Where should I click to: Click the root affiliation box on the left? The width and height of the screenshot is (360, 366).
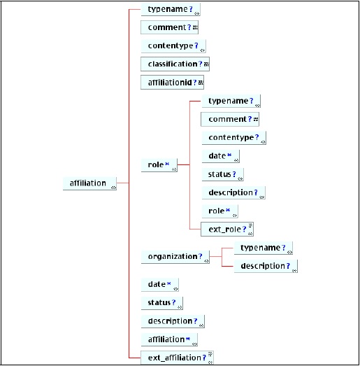pos(89,183)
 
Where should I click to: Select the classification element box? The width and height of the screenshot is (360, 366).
pos(175,64)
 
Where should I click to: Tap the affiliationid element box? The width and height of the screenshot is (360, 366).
pos(172,82)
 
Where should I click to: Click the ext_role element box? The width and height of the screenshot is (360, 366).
pos(227,230)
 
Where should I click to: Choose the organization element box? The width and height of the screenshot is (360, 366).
pos(175,257)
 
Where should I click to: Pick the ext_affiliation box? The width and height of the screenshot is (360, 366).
pos(177,358)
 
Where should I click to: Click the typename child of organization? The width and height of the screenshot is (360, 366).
pos(264,248)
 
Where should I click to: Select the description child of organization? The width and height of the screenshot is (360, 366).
pos(266,266)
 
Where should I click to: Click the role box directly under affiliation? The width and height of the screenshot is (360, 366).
pos(159,165)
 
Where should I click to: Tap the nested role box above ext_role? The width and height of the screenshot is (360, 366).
pos(220,211)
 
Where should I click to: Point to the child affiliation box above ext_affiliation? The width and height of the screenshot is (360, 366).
pos(169,339)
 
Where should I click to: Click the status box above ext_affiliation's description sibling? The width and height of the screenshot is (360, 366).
pos(162,303)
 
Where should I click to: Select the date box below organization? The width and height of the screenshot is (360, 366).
pos(160,285)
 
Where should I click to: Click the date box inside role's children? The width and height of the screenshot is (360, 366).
pos(221,156)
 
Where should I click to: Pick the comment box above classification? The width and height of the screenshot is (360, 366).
pos(169,27)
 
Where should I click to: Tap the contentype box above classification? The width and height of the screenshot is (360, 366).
pos(173,46)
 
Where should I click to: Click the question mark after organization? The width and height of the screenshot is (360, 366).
pos(201,256)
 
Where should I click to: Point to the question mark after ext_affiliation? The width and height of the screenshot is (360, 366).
pos(204,358)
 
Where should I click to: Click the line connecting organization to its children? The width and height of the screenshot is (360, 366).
pos(222,257)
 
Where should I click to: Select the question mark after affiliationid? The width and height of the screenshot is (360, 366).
pos(195,82)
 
